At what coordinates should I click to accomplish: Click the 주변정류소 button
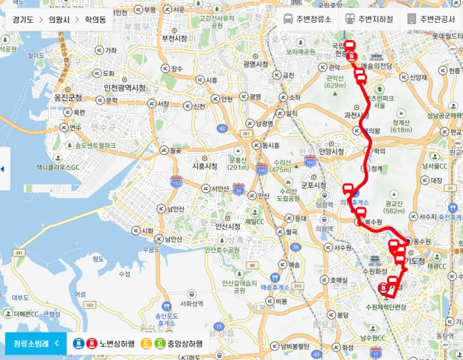[309, 19]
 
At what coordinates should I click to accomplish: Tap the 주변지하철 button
[370, 19]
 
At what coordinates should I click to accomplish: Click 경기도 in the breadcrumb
[23, 20]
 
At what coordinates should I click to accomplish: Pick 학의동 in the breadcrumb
[96, 20]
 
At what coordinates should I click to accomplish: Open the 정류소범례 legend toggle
[35, 343]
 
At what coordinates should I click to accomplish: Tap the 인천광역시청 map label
[124, 88]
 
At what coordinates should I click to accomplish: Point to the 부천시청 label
[173, 39]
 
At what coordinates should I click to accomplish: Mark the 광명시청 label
[255, 64]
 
